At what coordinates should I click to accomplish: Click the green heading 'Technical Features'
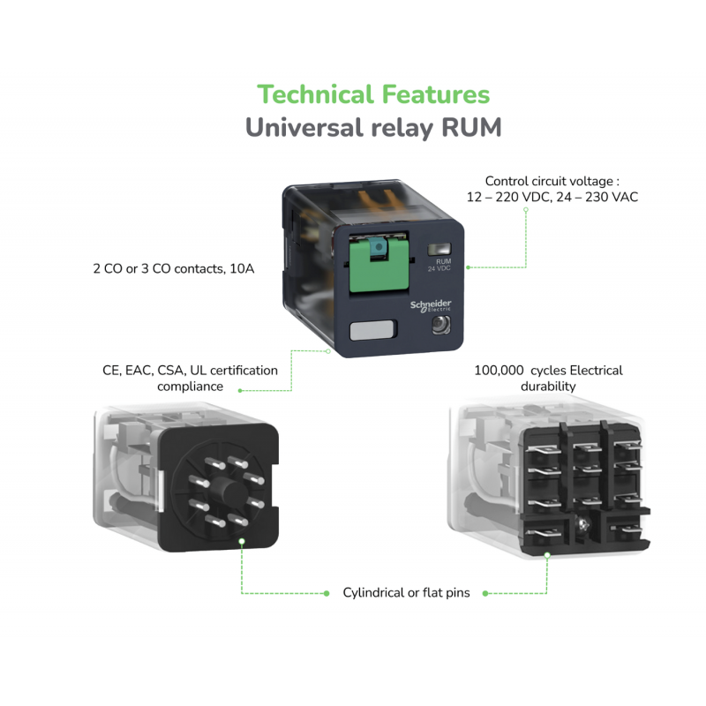pyautogui.click(x=372, y=94)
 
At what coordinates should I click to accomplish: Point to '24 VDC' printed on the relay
pyautogui.click(x=439, y=268)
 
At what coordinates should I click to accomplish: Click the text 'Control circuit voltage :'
pyautogui.click(x=552, y=181)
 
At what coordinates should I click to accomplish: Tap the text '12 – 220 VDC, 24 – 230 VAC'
pyautogui.click(x=552, y=198)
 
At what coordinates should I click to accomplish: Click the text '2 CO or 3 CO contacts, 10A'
pyautogui.click(x=174, y=267)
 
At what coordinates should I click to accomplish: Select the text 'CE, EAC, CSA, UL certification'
pyautogui.click(x=190, y=370)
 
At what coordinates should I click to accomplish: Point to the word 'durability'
pyautogui.click(x=548, y=387)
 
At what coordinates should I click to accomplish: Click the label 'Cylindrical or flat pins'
pyautogui.click(x=406, y=592)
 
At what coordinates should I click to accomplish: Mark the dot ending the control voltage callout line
pyautogui.click(x=468, y=267)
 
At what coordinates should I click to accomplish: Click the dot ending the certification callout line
pyautogui.click(x=327, y=352)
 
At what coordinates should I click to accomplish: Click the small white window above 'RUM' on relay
pyautogui.click(x=438, y=251)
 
